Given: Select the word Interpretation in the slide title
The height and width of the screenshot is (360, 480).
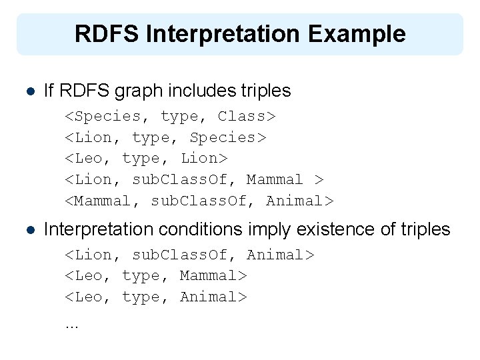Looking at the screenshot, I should pyautogui.click(x=221, y=33).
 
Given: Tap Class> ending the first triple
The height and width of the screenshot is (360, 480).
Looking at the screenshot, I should pyautogui.click(x=247, y=116).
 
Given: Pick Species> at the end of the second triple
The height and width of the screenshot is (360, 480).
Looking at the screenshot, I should pyautogui.click(x=227, y=137).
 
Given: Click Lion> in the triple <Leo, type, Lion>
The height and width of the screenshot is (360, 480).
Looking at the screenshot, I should pyautogui.click(x=203, y=159).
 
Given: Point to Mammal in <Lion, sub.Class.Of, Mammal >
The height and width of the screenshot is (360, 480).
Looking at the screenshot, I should pyautogui.click(x=275, y=180).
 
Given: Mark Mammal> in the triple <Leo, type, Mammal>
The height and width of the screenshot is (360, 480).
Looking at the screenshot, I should pyautogui.click(x=213, y=276).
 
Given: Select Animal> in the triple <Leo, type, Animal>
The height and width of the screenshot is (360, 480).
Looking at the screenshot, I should pyautogui.click(x=213, y=297).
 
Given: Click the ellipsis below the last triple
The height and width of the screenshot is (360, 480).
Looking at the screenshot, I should pyautogui.click(x=71, y=327).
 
